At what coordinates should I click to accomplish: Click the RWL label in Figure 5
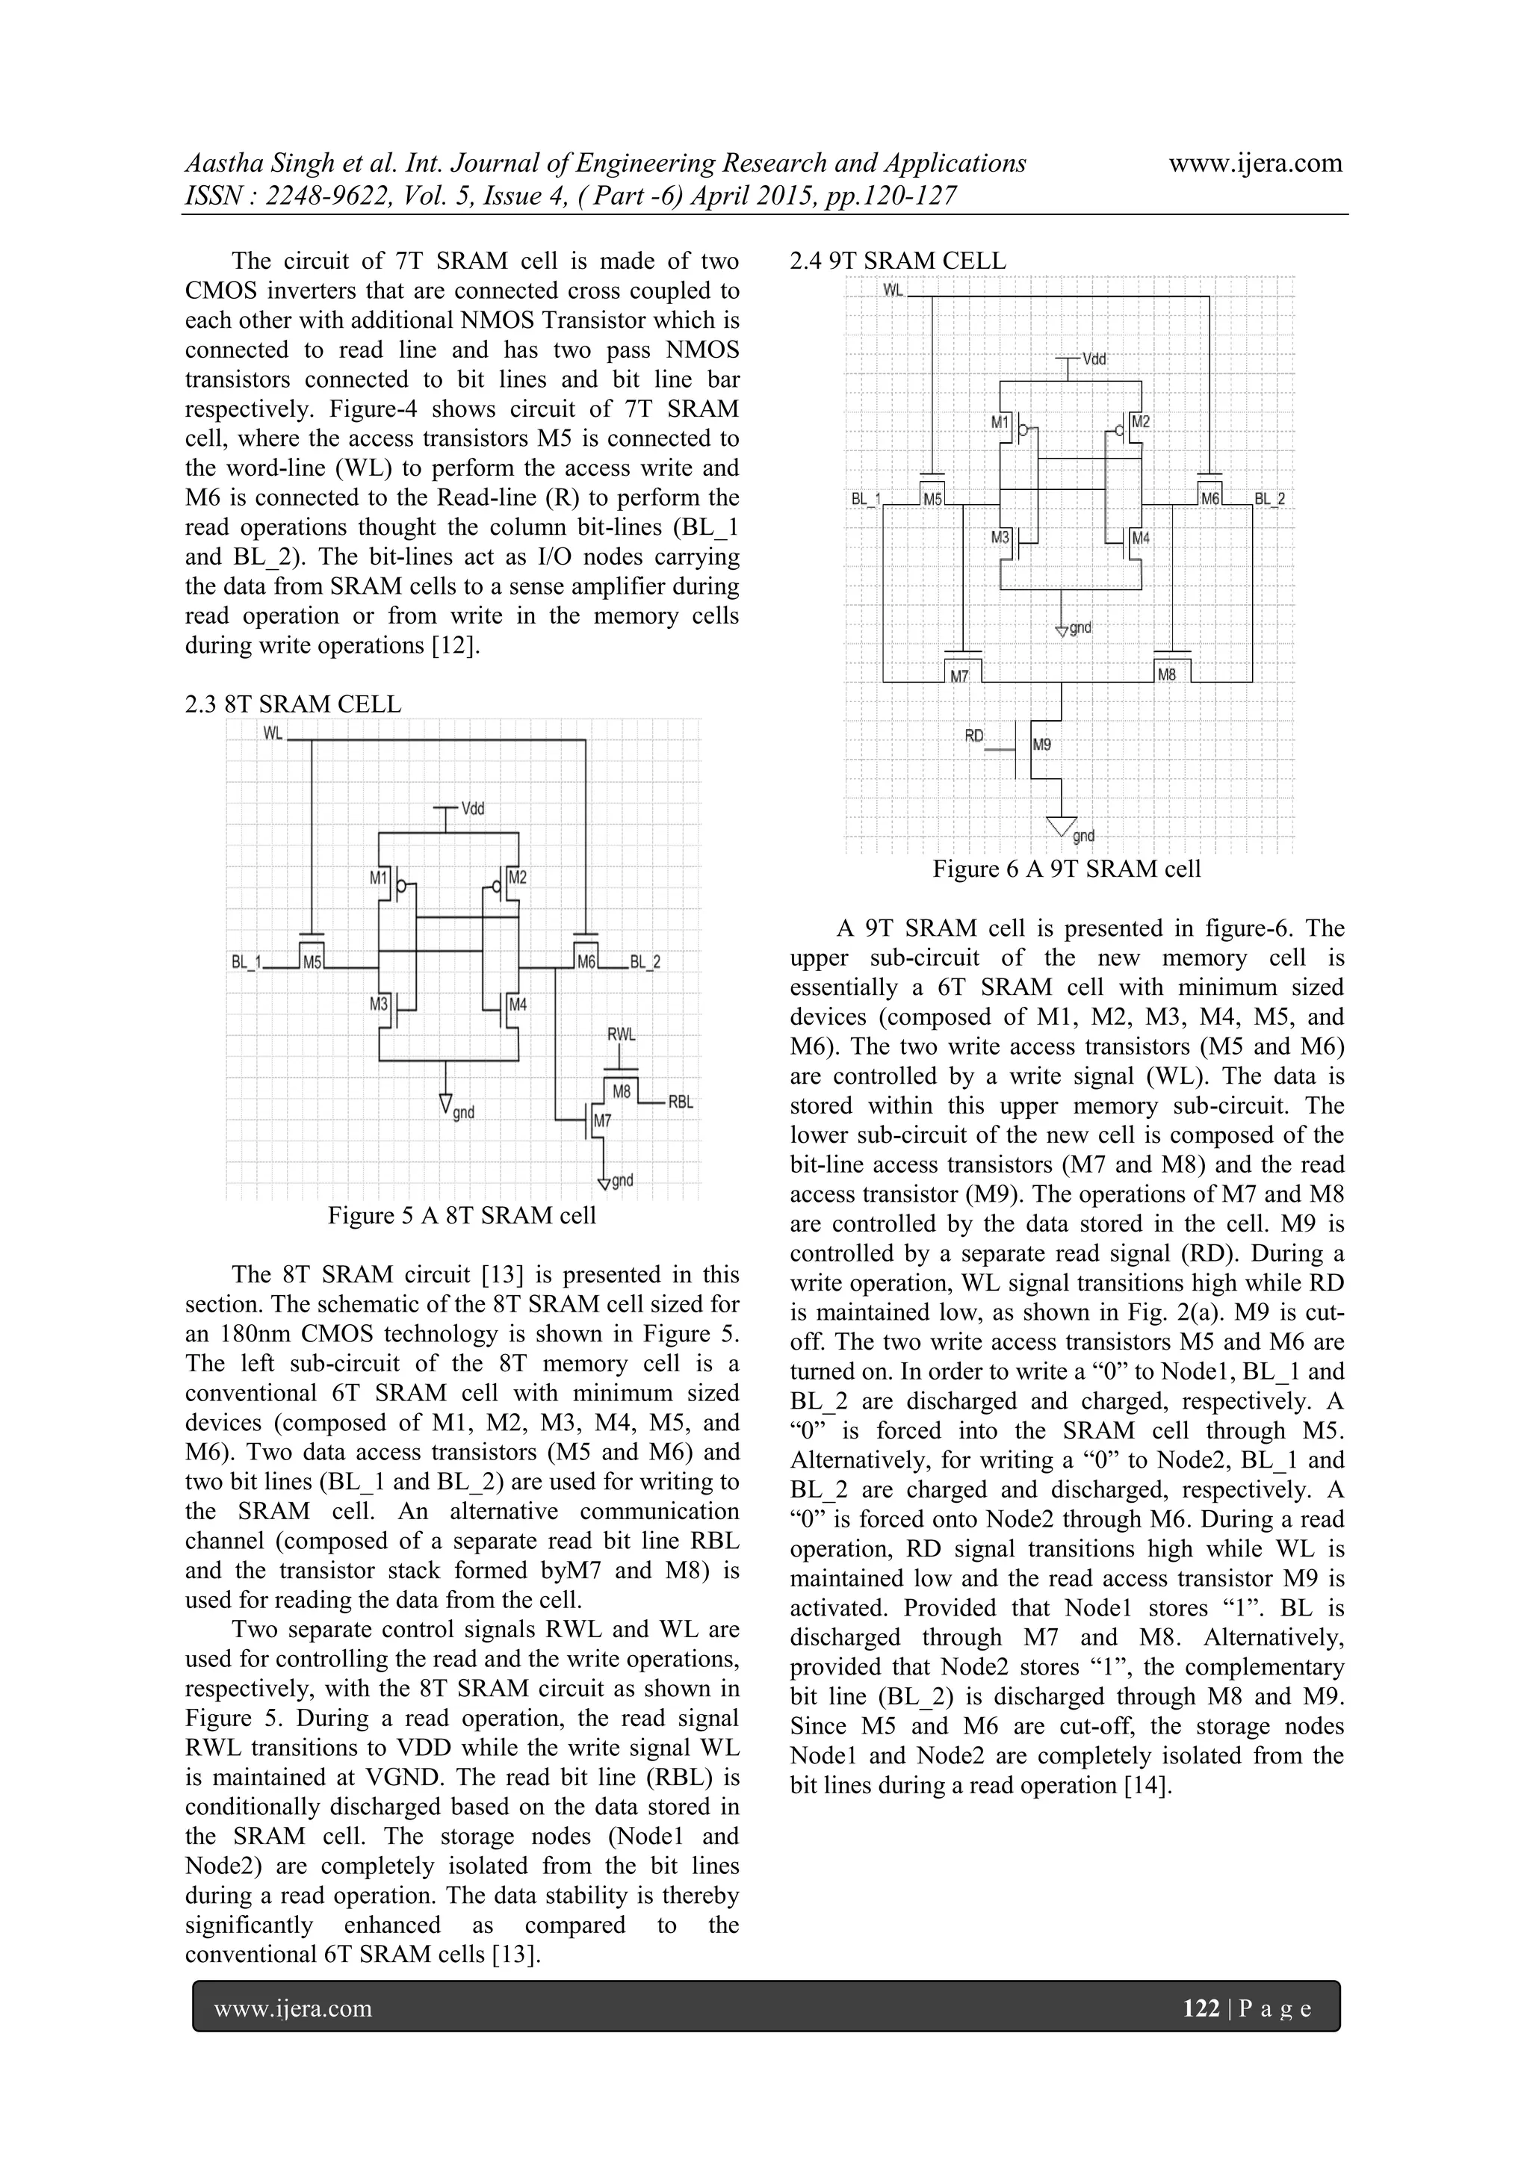click(x=621, y=1034)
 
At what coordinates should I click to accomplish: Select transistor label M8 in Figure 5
click(x=621, y=1092)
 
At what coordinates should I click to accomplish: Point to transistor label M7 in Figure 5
click(x=602, y=1121)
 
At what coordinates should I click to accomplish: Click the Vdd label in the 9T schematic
click(x=1094, y=360)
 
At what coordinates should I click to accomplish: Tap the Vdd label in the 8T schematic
click(x=473, y=808)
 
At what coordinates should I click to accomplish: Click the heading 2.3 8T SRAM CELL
click(x=293, y=704)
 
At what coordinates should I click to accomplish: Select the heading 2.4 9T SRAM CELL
click(x=898, y=261)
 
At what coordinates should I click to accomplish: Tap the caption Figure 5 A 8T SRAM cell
click(x=462, y=1215)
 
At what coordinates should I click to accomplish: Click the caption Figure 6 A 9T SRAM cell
click(x=1067, y=869)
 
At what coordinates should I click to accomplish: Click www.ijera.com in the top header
click(x=1255, y=163)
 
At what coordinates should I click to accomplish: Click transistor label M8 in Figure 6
click(x=1166, y=674)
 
